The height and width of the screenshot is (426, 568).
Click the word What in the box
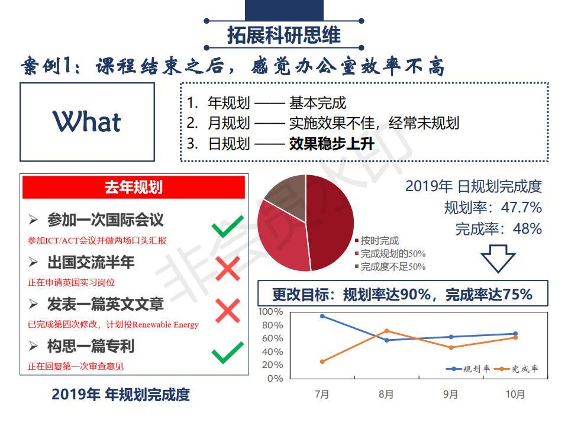point(87,121)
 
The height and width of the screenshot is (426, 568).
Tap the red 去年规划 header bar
point(134,187)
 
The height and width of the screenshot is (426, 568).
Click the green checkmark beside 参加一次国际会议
point(227,227)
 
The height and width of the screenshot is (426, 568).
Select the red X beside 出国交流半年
point(227,269)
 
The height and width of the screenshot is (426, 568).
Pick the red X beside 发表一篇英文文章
point(227,311)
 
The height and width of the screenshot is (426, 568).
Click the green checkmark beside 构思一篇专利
point(227,353)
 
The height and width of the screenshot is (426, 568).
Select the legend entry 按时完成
point(377,241)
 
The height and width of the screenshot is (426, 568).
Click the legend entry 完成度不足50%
point(390,267)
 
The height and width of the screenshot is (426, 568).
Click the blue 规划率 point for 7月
point(322,316)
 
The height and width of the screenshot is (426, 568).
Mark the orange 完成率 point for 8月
point(386,331)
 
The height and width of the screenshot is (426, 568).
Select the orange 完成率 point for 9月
point(451,347)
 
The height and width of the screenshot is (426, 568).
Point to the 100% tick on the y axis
point(270,312)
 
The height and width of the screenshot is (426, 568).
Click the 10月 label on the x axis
point(515,394)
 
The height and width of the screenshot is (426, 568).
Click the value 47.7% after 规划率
point(521,208)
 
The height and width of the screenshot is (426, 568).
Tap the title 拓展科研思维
point(283,35)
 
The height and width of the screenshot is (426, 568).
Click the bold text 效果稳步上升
point(331,144)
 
